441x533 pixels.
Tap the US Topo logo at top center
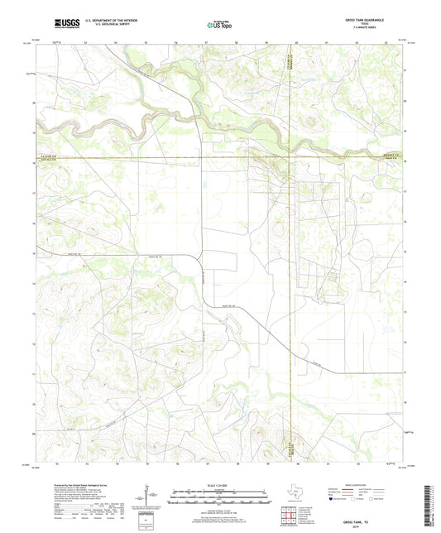[219, 26]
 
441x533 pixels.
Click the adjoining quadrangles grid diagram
[289, 517]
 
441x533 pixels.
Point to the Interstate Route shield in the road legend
[337, 499]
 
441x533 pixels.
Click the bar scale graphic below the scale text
[218, 498]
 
